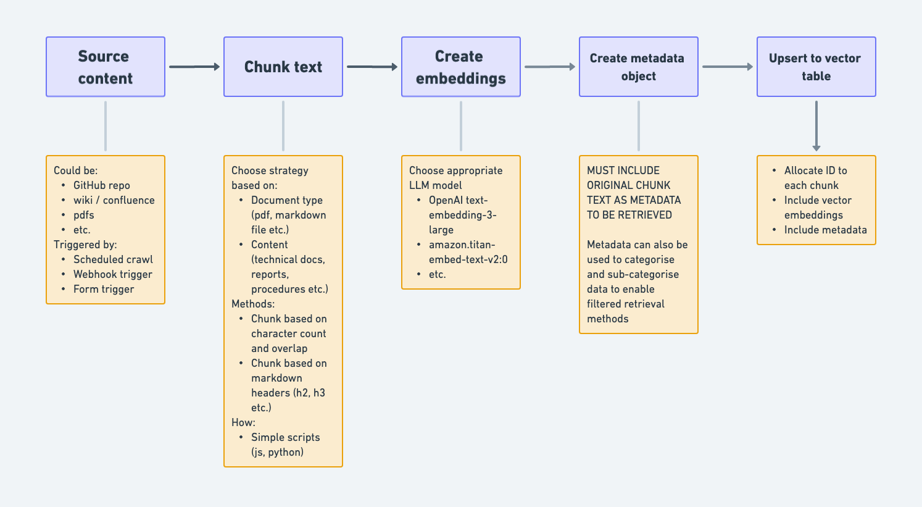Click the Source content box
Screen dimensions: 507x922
106,67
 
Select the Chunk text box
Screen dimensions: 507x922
283,67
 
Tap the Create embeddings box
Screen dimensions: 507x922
461,67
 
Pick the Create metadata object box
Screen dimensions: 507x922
639,67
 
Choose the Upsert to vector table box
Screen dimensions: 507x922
816,67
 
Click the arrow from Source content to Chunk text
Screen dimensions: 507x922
194,67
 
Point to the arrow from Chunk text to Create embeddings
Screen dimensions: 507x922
372,67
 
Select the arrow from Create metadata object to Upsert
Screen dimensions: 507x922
727,67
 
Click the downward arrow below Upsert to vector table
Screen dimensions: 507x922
816,126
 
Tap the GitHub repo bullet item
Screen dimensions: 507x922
101,185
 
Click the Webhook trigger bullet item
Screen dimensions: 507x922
112,274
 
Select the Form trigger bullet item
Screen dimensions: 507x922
104,289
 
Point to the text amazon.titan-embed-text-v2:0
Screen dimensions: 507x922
468,252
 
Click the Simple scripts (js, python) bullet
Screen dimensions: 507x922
285,445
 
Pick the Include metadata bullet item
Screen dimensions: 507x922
825,230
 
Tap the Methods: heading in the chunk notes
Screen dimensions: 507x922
253,304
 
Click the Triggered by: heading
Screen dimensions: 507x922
85,245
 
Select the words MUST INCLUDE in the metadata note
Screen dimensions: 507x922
623,170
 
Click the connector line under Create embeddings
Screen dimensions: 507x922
461,126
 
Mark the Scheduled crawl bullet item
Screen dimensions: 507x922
113,259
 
